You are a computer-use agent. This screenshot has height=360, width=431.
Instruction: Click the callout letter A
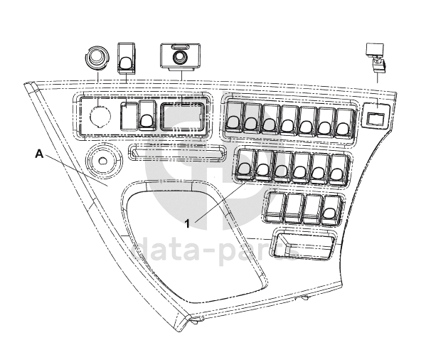click(x=40, y=153)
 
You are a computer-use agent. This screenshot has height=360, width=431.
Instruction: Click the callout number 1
click(x=187, y=223)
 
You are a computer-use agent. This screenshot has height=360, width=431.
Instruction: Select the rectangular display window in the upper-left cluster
click(x=183, y=115)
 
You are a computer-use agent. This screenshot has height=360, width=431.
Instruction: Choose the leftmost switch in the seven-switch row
click(x=234, y=117)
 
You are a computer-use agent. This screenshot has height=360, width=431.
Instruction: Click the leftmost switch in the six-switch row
click(x=245, y=164)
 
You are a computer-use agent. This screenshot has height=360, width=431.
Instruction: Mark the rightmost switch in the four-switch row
click(x=329, y=207)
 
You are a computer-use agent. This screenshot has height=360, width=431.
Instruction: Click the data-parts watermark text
click(x=213, y=251)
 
